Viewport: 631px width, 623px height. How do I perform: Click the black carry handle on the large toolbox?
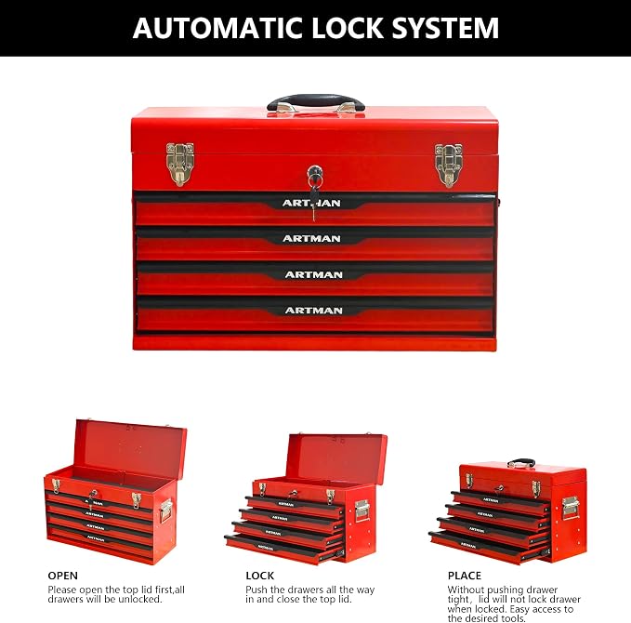[316, 102]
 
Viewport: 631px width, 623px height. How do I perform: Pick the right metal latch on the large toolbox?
[448, 166]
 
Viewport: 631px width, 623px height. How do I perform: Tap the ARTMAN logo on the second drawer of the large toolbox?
[311, 239]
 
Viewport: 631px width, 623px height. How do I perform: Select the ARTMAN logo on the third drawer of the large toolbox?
[313, 274]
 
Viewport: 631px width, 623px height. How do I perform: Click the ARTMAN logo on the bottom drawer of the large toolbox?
[313, 311]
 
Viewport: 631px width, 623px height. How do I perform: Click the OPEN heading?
[63, 576]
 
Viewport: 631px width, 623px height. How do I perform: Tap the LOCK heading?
[260, 576]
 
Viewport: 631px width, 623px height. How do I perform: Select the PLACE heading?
[465, 576]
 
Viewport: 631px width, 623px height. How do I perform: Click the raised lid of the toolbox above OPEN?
[131, 448]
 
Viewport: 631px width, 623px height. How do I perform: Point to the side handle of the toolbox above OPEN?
[165, 510]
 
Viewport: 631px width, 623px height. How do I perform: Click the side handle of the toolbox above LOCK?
[362, 510]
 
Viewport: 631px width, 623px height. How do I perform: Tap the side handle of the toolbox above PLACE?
[571, 507]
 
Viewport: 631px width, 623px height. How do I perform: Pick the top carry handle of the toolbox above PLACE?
[521, 462]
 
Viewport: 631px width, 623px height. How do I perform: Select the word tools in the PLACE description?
[513, 618]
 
